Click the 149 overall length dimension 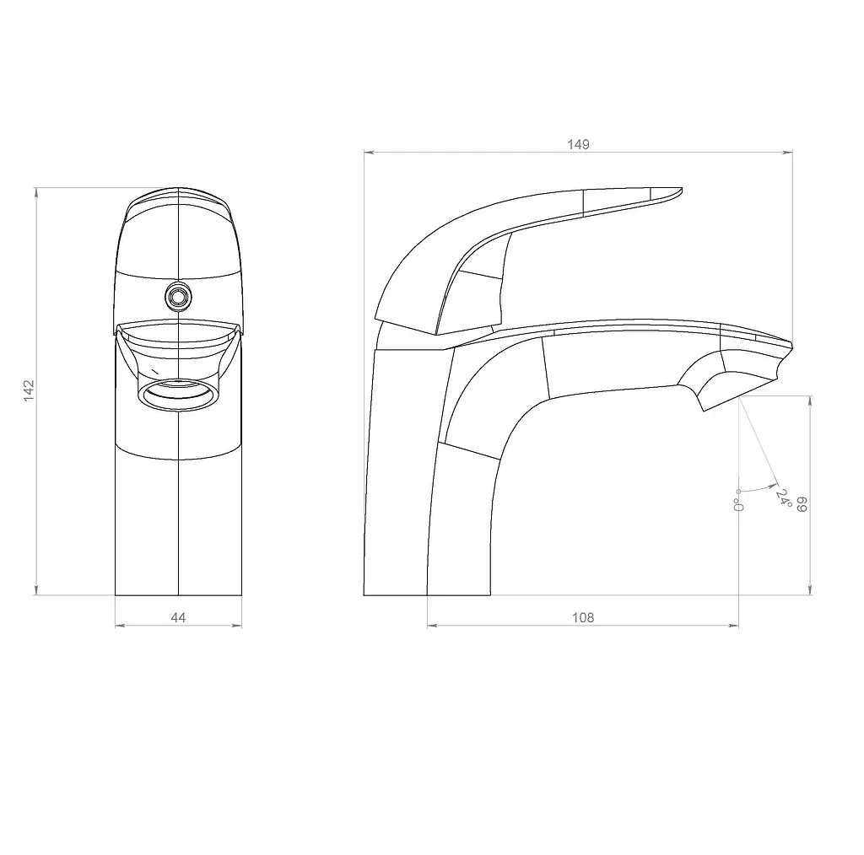578,144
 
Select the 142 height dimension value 30,390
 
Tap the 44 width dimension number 178,618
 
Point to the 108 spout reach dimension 583,618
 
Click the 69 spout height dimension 802,503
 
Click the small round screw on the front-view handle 179,298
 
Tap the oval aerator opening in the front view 179,395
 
